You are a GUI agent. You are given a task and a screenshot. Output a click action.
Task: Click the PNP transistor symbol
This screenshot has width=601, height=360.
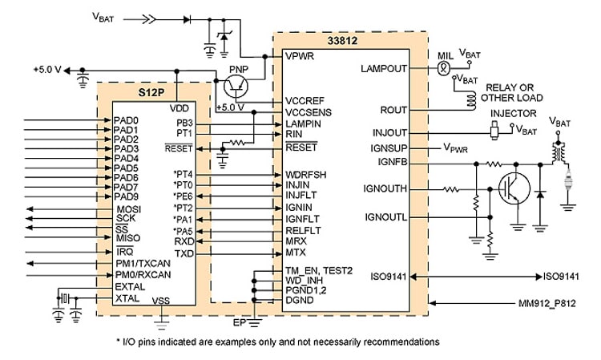coord(236,86)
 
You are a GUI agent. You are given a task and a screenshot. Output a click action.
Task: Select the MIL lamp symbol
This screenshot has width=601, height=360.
coord(443,69)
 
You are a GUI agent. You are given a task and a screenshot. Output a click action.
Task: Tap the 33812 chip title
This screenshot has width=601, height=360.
coord(342,41)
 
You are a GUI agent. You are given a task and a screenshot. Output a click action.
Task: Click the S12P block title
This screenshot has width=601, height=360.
coord(151,92)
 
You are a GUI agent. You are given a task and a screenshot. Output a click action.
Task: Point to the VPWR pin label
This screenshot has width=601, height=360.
coord(300,56)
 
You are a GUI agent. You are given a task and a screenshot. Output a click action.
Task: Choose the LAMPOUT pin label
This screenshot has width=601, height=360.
coord(384,69)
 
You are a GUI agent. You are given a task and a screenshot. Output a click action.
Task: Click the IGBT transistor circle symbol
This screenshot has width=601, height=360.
coord(514,188)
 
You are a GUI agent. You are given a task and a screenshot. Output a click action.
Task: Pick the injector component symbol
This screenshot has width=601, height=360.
coord(494,130)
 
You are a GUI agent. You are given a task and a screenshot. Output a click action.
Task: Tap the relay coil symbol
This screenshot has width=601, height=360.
coord(470,100)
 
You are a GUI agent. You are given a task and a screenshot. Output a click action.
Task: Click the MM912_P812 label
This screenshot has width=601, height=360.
coord(547,304)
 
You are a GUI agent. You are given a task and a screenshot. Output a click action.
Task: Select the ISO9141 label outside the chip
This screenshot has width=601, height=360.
coord(561,277)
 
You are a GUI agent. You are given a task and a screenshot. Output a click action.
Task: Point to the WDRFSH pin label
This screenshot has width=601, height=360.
coord(306,175)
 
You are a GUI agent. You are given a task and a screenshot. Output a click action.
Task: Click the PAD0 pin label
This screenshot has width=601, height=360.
coord(126,120)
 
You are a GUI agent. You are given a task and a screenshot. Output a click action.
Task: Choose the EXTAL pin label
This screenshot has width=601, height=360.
coord(130,287)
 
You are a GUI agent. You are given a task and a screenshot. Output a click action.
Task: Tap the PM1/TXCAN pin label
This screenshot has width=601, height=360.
coord(143,264)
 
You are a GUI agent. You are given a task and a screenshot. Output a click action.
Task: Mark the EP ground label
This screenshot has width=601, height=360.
coord(239,323)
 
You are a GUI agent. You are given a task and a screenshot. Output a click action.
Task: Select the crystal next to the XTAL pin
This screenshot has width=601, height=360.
coord(65,298)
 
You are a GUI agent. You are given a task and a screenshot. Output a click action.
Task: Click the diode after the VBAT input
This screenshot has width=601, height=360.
coord(187,19)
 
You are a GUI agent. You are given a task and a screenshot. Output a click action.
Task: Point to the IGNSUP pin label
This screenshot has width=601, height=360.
coord(389,148)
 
